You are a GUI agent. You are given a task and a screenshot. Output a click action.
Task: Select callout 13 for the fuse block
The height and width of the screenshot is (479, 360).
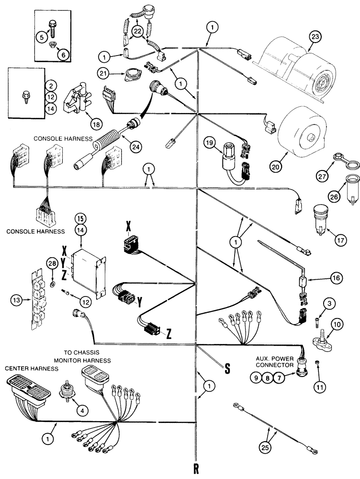[17, 300]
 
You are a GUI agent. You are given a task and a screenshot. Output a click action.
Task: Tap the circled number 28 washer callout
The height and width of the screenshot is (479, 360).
[52, 262]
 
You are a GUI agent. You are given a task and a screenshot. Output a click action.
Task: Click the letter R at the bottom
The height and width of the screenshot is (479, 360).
[196, 466]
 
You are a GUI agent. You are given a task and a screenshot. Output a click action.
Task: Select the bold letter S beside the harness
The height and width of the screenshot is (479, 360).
[228, 367]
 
